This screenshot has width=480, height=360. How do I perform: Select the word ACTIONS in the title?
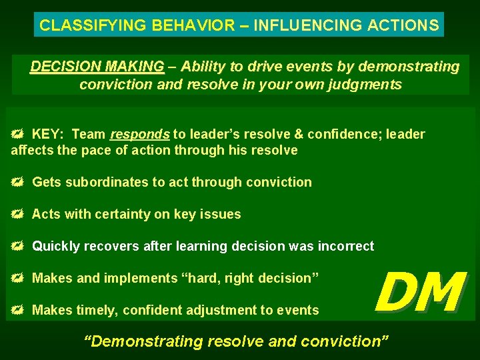[406, 25]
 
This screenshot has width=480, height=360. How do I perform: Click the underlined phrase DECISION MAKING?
[97, 67]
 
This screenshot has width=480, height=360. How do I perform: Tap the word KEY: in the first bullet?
[49, 134]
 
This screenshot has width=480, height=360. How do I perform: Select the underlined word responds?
[139, 134]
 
